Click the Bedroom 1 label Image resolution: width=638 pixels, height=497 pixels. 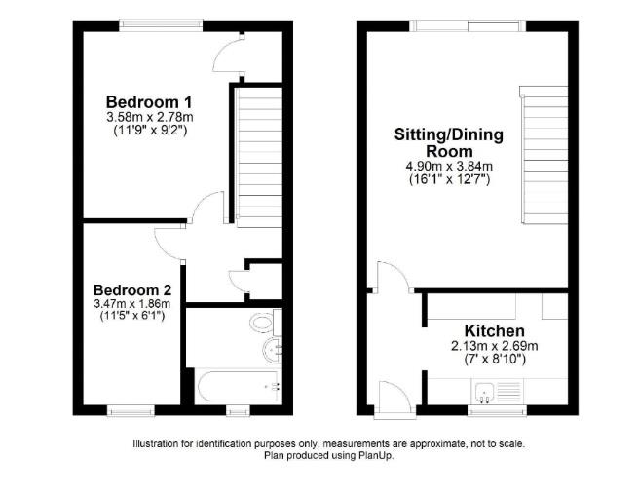click(x=148, y=101)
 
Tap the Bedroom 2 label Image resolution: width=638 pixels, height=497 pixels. click(x=132, y=289)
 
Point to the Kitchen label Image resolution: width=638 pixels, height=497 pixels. click(x=494, y=331)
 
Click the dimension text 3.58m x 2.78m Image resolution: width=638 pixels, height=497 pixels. click(x=148, y=117)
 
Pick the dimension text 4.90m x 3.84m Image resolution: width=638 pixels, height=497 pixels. click(x=449, y=167)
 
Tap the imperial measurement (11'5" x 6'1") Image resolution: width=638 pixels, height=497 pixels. click(x=132, y=317)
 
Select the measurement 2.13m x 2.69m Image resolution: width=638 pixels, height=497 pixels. click(x=494, y=347)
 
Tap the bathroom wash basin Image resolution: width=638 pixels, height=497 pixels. click(x=270, y=350)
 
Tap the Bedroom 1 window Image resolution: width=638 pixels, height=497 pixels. click(x=161, y=22)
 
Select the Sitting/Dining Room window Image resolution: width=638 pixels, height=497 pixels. click(x=457, y=22)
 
